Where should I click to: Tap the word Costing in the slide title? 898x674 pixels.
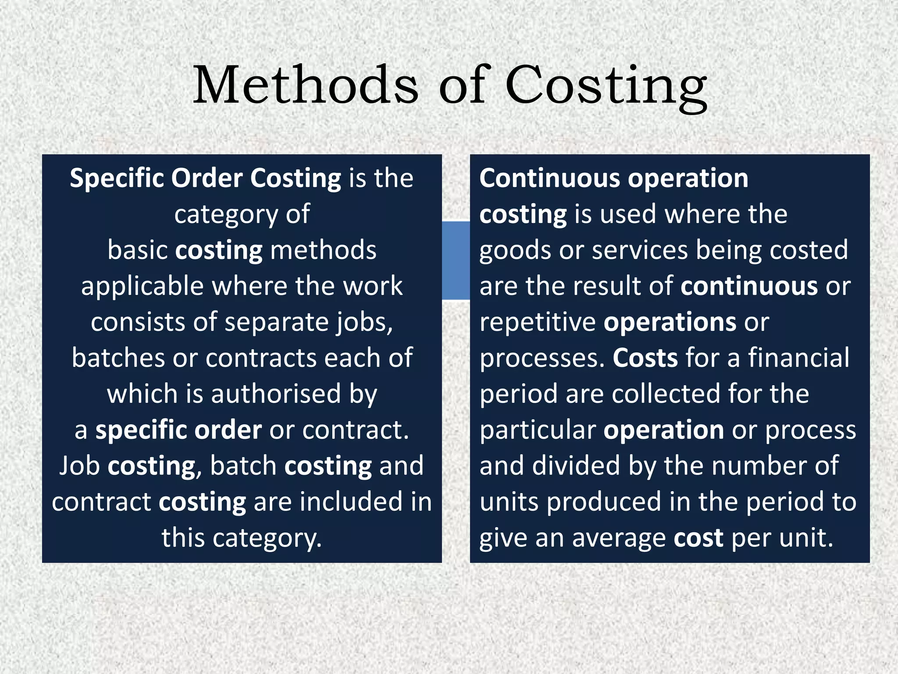click(606, 86)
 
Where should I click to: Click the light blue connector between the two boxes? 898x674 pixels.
click(456, 261)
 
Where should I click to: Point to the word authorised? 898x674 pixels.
click(276, 394)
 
